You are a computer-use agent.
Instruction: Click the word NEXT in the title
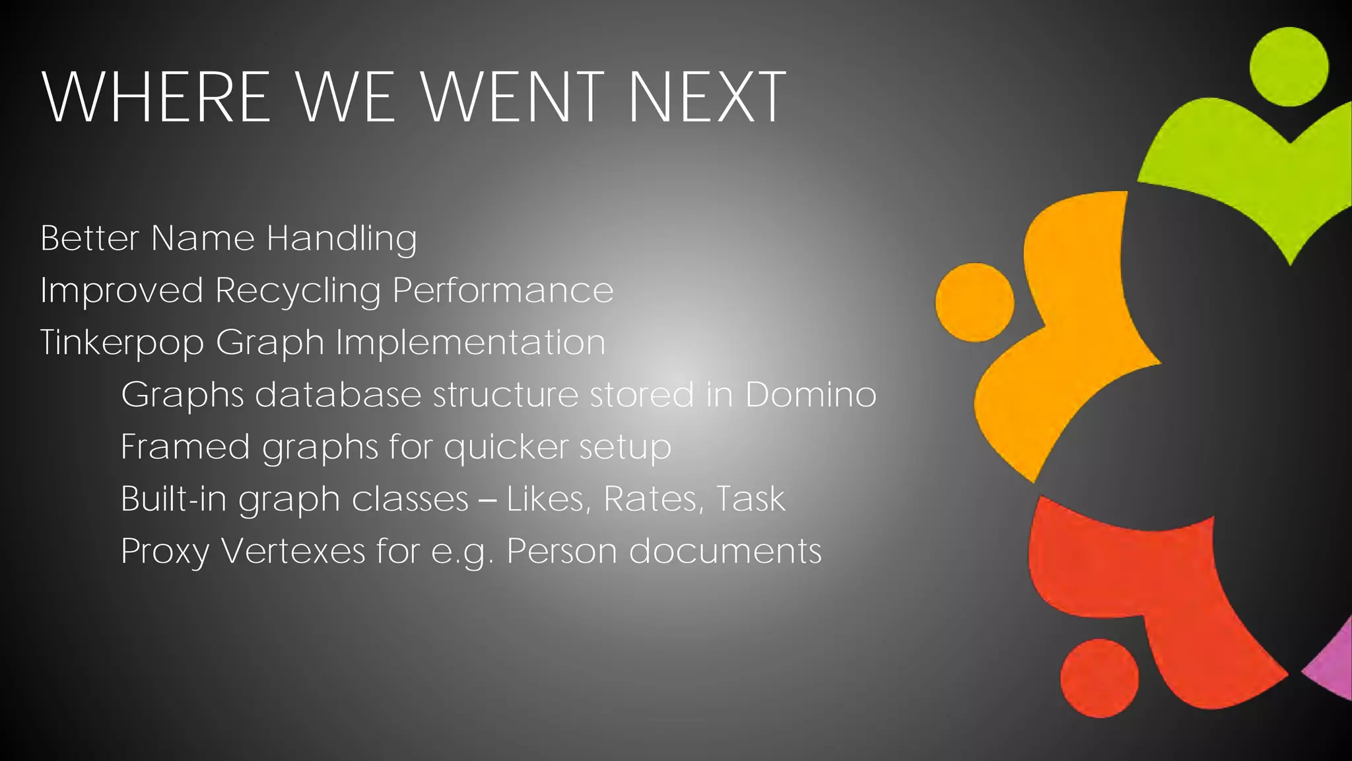[706, 97]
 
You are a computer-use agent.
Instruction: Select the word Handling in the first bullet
[341, 238]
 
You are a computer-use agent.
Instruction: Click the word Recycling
[298, 291]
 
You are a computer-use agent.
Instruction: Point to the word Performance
[503, 291]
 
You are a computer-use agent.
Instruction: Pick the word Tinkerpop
[122, 343]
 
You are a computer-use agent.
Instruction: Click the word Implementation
[471, 343]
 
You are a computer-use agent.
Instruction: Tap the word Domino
[811, 394]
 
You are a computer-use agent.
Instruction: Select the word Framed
[186, 447]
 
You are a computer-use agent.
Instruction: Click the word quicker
[506, 447]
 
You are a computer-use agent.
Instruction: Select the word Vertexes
[293, 551]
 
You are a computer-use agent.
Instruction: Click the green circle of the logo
[1289, 67]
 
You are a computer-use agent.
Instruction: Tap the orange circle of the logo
[974, 303]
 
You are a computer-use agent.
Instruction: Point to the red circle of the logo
[1099, 678]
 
